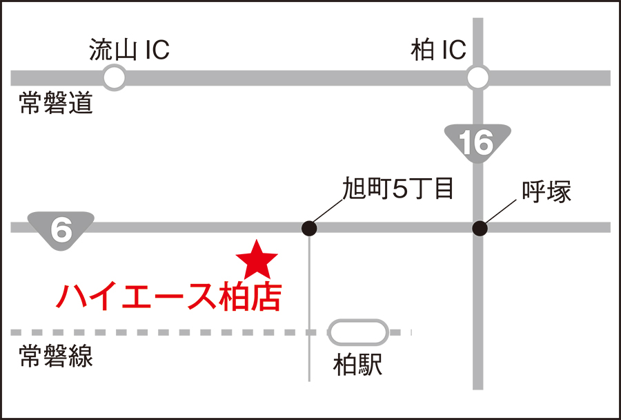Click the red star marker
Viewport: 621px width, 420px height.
point(257,260)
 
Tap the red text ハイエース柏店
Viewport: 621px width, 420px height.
point(169,296)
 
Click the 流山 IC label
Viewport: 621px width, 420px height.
point(129,50)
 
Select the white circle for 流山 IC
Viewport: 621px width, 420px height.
point(115,77)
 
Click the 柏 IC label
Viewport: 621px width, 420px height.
point(438,50)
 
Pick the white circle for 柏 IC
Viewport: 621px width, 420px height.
point(477,77)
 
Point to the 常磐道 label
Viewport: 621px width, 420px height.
point(55,104)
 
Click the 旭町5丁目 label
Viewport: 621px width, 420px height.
point(398,188)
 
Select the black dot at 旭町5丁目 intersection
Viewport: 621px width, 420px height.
point(310,227)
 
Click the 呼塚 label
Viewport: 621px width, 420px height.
point(546,193)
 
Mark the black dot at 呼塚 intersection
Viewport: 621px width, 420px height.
point(479,227)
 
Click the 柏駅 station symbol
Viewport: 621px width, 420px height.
point(358,332)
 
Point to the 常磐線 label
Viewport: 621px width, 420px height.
point(55,356)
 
